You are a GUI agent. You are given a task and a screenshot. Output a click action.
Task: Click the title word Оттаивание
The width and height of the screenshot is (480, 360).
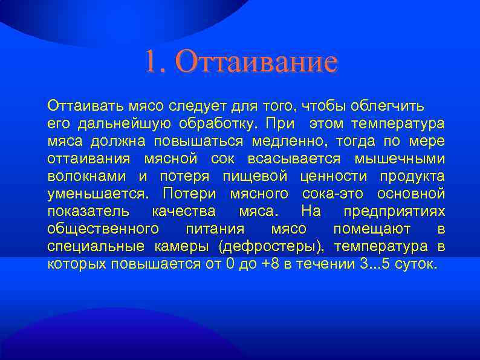(x=258, y=62)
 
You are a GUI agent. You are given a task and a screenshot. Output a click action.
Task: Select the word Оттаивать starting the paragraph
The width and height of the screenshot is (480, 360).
(x=85, y=107)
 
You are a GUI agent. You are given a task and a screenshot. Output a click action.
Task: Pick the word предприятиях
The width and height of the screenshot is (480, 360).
(x=394, y=212)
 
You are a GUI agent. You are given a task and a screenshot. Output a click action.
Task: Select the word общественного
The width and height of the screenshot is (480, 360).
(x=103, y=230)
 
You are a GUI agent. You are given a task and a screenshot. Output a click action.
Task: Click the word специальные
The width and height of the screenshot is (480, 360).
(x=96, y=247)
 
